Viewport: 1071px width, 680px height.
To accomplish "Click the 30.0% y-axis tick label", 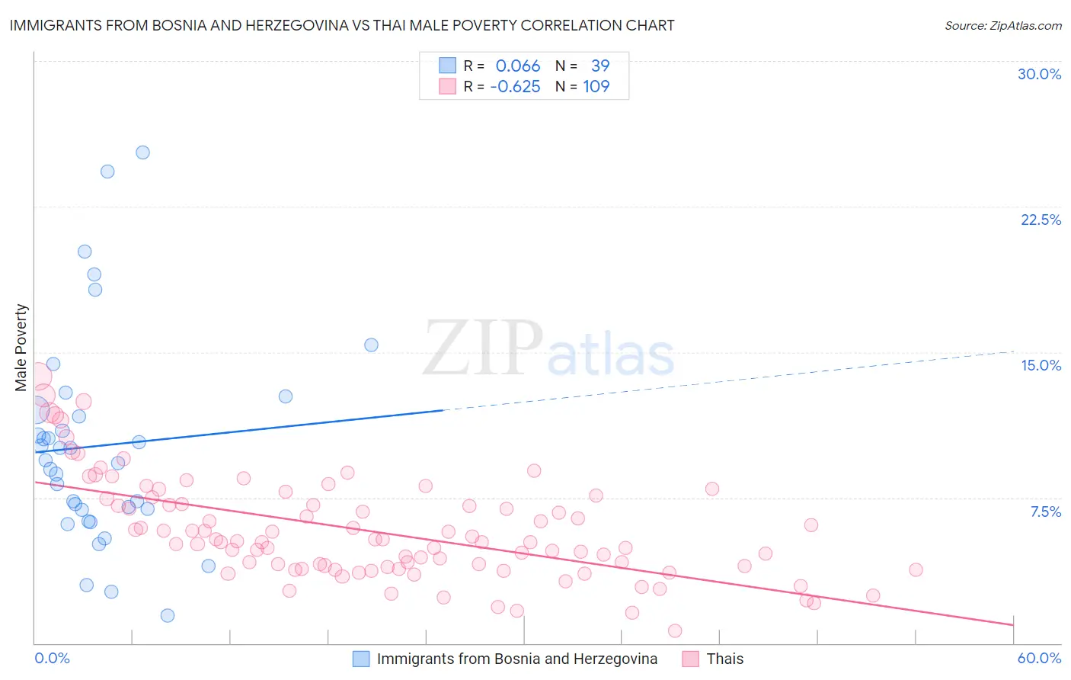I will (1039, 74).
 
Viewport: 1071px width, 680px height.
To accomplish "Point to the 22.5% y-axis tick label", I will (1041, 220).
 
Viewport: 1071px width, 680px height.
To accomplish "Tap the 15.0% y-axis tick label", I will (1041, 365).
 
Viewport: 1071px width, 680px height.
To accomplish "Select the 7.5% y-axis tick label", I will (1045, 512).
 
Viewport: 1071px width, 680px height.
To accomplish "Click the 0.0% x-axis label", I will (52, 658).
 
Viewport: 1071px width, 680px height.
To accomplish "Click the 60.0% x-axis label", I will (1039, 658).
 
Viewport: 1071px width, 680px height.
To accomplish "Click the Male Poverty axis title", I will (21, 348).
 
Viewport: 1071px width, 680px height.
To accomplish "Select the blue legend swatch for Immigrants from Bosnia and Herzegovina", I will (361, 659).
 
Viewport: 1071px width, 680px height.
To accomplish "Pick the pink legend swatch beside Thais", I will (691, 659).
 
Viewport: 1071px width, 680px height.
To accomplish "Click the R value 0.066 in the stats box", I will (518, 66).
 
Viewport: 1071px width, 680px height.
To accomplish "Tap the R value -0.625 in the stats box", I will (515, 87).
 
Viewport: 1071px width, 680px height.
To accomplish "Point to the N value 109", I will (596, 87).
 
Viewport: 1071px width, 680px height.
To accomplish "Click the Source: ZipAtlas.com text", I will (1002, 26).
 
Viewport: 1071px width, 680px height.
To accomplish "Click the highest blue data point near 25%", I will (142, 152).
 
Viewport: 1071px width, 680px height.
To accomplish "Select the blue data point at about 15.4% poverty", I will (371, 345).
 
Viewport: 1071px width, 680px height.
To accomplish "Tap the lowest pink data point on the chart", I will (675, 630).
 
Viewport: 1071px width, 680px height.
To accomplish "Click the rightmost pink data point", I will (916, 569).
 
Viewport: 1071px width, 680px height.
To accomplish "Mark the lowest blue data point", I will (168, 615).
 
